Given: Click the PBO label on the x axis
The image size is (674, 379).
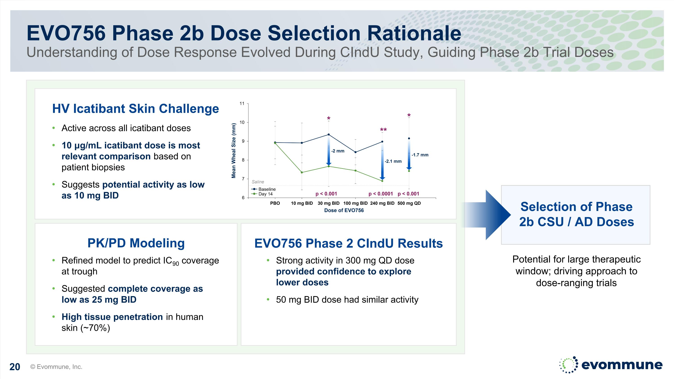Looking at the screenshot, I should tap(275, 203).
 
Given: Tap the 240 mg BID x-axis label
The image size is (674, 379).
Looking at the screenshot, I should tap(382, 203).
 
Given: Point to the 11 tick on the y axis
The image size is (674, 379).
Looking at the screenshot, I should tap(242, 104).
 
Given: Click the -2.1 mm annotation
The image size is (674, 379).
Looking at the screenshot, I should tap(393, 161).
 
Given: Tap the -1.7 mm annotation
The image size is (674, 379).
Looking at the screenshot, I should tap(420, 155).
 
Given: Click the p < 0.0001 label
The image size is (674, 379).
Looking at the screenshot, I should tap(380, 194).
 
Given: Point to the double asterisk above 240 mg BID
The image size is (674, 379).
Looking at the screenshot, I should tap(383, 130).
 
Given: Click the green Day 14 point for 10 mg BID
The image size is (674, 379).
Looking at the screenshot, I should tap(302, 172).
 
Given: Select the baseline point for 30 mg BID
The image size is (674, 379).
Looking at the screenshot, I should tap(329, 134).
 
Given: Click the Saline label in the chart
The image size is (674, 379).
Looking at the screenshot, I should tap(258, 182).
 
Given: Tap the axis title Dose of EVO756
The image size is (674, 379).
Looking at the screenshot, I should tap(344, 210).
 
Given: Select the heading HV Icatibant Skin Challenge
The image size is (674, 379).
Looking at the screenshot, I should tap(135, 109).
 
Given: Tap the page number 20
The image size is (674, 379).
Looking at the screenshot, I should tap(15, 367).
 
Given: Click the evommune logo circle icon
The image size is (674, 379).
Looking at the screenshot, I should tap(568, 365).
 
